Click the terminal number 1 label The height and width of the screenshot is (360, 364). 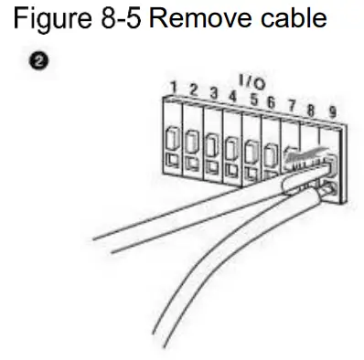point(173,87)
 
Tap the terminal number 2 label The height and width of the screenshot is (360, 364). point(193,90)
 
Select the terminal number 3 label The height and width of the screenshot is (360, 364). point(213,92)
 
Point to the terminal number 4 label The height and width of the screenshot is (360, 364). point(232,95)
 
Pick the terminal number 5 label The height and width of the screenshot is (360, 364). point(252,98)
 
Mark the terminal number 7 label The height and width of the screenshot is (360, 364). point(292,105)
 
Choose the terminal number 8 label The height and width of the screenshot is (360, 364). point(311,109)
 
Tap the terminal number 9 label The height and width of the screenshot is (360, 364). point(331,112)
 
